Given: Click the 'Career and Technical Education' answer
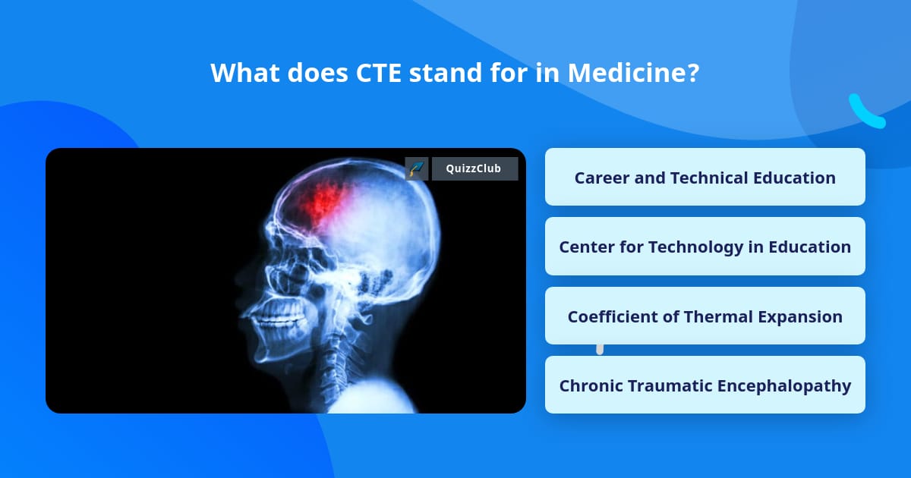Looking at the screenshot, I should [705, 178].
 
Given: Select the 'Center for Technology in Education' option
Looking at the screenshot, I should [705, 247].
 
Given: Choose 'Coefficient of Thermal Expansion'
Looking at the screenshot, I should [705, 316].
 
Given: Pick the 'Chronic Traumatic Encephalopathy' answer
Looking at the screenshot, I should [705, 385].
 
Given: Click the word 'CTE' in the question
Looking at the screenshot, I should [384, 73].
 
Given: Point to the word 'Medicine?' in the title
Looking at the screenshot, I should [633, 73].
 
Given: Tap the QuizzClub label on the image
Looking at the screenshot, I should [474, 168].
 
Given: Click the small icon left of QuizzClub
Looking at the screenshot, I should [417, 168].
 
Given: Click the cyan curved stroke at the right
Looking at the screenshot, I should [865, 112].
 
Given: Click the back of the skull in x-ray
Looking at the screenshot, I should [425, 228].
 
